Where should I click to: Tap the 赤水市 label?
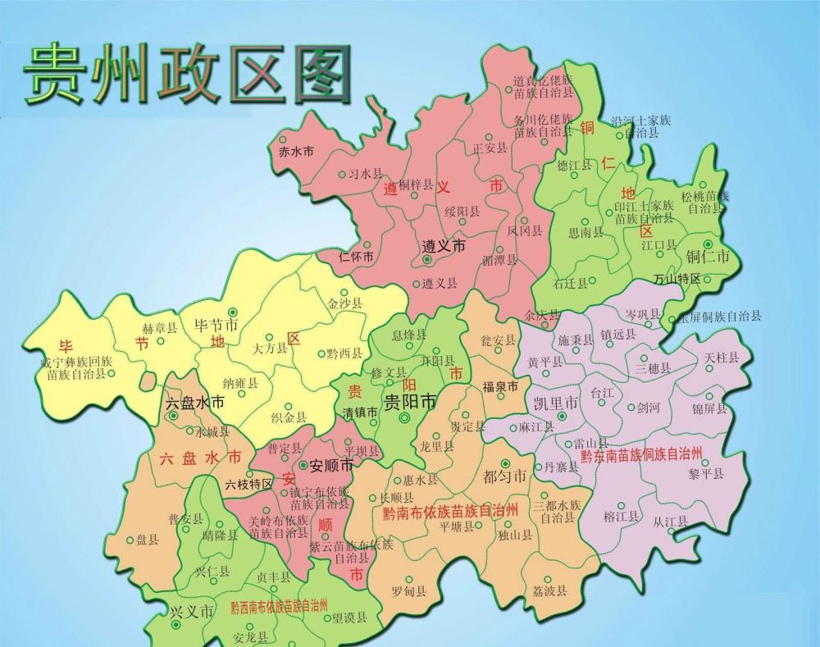(296, 153)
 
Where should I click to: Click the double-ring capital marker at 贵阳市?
(403, 418)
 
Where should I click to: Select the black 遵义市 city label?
(444, 246)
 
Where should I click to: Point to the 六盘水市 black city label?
(198, 403)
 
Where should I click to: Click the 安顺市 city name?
(332, 466)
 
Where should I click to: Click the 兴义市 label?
(192, 612)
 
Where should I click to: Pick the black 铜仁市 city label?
(707, 257)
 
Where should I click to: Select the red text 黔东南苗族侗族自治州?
(642, 453)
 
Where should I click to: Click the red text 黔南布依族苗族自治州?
(450, 511)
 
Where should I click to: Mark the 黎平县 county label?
(706, 473)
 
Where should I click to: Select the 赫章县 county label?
(159, 328)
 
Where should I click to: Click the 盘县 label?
(148, 540)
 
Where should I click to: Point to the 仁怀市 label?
(357, 257)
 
